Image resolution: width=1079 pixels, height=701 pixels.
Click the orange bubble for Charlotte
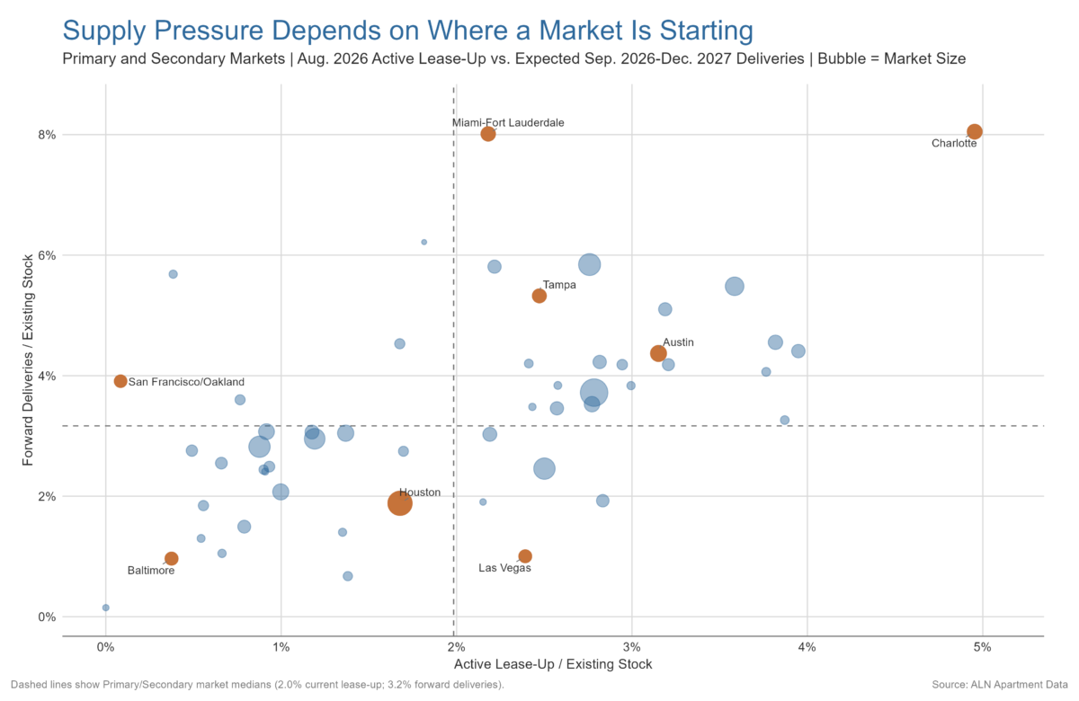pos(974,131)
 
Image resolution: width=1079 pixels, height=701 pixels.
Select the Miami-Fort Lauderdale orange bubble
pos(488,134)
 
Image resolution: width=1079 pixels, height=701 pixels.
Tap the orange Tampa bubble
pos(539,296)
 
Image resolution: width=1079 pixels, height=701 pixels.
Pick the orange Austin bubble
pos(658,353)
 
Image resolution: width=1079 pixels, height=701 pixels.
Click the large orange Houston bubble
pos(399,503)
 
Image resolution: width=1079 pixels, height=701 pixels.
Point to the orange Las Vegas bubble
pos(525,556)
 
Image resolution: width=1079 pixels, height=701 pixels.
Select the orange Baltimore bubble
pos(171,558)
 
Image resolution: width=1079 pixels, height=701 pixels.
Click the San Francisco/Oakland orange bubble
pos(120,381)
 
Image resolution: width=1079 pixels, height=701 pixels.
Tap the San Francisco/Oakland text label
pos(186,382)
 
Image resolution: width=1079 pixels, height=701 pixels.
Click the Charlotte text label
pos(954,143)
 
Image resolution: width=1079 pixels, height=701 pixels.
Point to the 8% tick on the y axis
pos(47,135)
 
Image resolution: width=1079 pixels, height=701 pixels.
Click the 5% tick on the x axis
pos(982,647)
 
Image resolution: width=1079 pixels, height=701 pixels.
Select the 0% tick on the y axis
pos(47,617)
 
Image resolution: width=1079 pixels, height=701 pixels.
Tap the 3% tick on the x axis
pos(631,647)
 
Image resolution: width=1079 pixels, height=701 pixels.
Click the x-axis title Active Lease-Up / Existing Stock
pos(553,664)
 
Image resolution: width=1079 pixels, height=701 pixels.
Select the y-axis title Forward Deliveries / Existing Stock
pos(28,360)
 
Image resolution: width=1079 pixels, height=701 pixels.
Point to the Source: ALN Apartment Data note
pos(1000,685)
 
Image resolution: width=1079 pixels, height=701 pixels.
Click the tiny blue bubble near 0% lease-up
pos(106,608)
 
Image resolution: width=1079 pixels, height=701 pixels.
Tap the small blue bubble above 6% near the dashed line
pos(424,242)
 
